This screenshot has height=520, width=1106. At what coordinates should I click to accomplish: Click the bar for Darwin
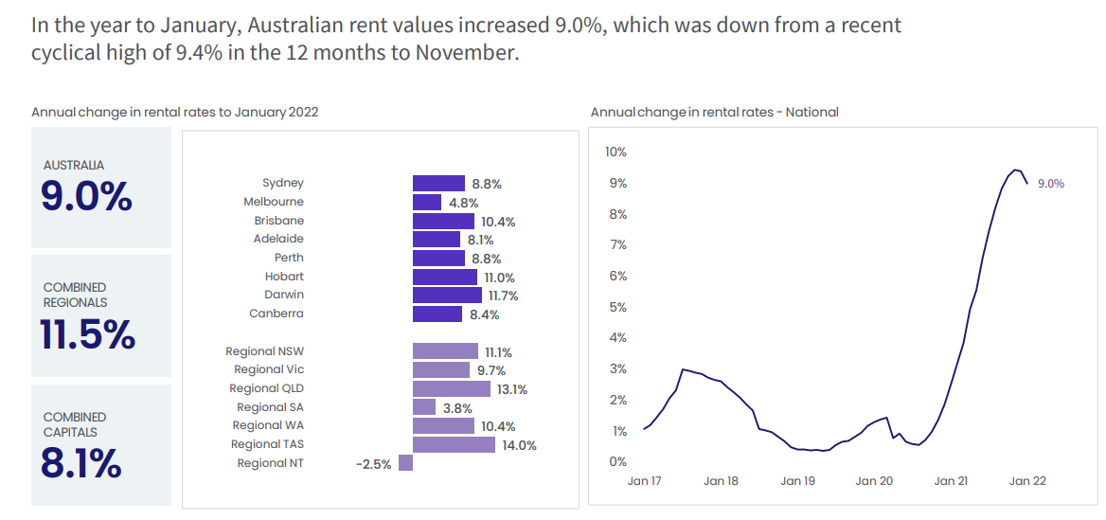447,296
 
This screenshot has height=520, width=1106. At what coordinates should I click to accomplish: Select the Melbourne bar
427,202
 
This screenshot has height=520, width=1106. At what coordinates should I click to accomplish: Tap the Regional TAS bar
454,444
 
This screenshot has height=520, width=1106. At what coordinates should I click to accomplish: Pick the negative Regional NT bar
405,463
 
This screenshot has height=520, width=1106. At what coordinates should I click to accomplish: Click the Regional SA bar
424,407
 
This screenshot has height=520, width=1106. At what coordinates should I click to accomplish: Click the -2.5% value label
373,464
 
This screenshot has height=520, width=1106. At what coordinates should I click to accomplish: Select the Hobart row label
284,277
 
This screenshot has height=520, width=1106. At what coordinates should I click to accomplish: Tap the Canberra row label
276,314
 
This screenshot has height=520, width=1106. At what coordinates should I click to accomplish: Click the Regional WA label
268,425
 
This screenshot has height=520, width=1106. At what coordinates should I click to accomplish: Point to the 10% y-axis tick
615,152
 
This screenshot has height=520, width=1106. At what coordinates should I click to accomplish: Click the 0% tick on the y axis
617,462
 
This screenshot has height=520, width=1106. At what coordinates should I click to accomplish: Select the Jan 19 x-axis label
797,481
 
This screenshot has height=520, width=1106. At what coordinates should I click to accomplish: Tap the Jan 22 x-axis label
1027,481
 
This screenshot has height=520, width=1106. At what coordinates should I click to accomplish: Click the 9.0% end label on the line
1051,184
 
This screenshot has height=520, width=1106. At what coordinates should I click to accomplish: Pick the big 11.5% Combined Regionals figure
88,335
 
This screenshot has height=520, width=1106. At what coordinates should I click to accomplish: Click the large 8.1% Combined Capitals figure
81,464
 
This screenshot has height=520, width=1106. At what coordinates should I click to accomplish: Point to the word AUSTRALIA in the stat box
74,165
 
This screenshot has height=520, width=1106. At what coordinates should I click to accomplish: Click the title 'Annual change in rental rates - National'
714,112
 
